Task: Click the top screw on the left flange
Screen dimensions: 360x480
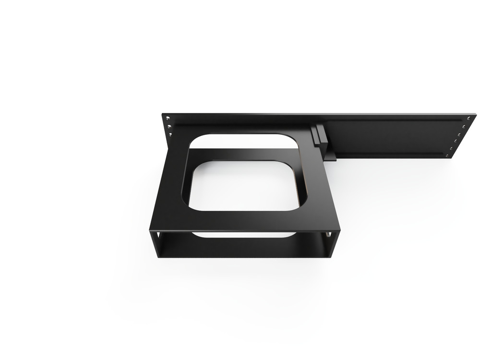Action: (x=168, y=118)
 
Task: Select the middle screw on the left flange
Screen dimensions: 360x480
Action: (x=168, y=127)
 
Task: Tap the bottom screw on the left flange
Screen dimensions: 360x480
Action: (x=170, y=136)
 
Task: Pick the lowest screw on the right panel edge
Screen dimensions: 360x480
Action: (x=449, y=155)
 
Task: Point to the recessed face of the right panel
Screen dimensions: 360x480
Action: (x=389, y=136)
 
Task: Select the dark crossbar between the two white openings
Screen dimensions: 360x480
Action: (x=240, y=155)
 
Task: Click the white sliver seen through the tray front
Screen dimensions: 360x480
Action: (x=242, y=235)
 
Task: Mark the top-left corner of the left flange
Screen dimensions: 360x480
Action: (x=162, y=114)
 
